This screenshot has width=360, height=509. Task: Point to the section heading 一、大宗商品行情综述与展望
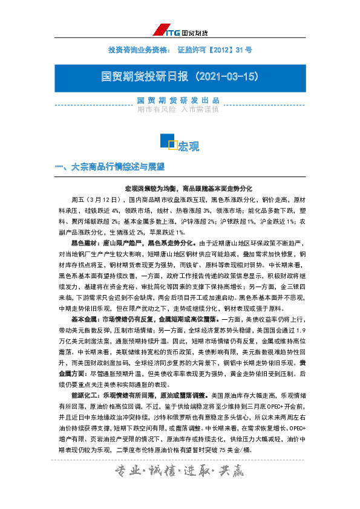(x=109, y=166)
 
